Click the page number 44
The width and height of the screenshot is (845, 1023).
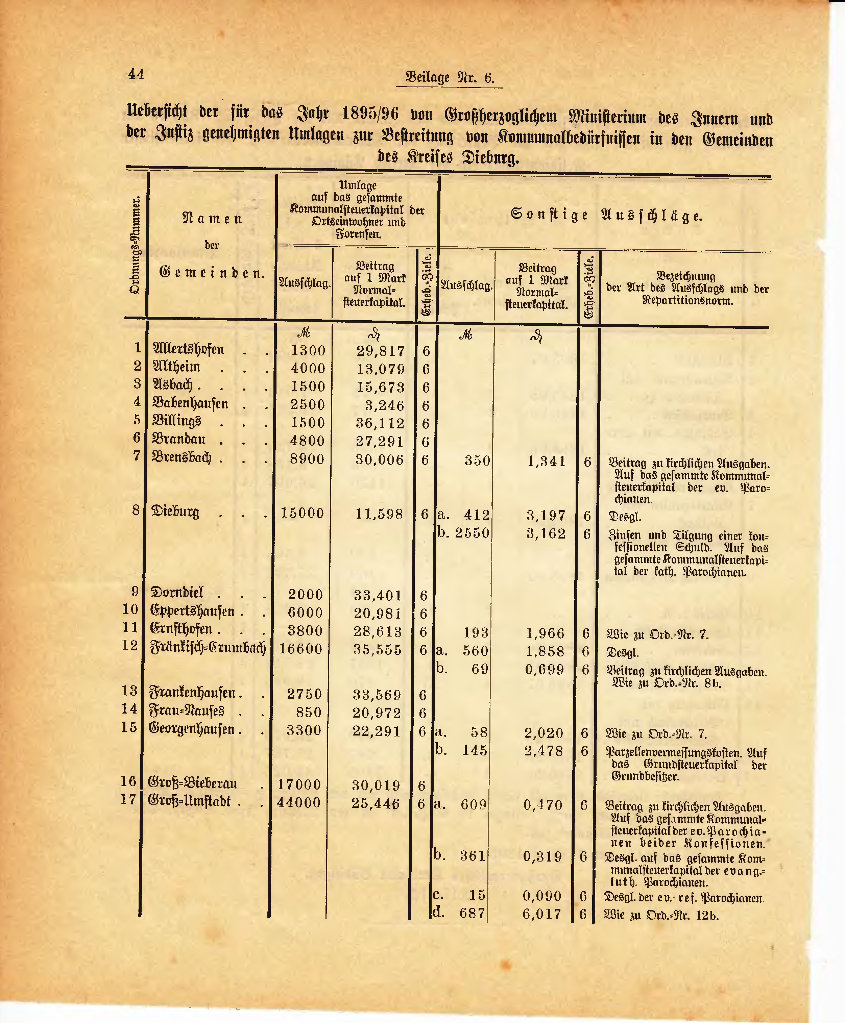(x=136, y=74)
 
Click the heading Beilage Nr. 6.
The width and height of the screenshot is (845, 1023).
(x=449, y=78)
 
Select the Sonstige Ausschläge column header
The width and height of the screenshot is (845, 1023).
(x=606, y=215)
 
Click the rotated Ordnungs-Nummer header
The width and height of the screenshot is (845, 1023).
(x=136, y=245)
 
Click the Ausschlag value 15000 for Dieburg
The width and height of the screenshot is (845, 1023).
(x=302, y=513)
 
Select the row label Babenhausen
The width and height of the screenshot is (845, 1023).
(x=190, y=403)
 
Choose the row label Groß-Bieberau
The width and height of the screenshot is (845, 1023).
(x=192, y=783)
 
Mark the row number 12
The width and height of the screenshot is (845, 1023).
(x=130, y=646)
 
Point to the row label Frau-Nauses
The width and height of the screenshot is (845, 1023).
(x=187, y=712)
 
